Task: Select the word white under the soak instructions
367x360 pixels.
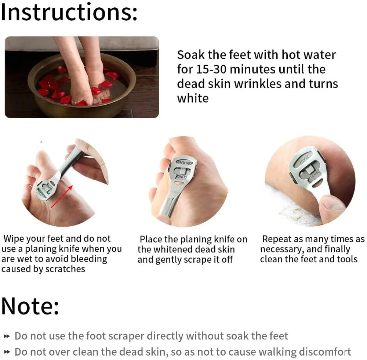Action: (x=193, y=98)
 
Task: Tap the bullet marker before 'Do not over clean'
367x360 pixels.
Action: (x=7, y=352)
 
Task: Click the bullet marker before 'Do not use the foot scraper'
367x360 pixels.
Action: (x=7, y=336)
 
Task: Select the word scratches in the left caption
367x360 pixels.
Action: (x=65, y=269)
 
